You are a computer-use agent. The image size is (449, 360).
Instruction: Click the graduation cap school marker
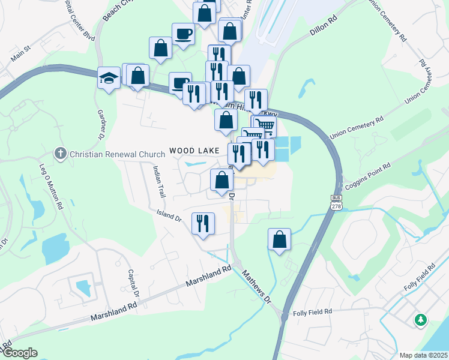pyautogui.click(x=109, y=79)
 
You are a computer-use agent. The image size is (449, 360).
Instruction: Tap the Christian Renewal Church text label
pyautogui.click(x=113, y=154)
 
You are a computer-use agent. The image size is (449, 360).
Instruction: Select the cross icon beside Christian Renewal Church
pyautogui.click(x=60, y=154)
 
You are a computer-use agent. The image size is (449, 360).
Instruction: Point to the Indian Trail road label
pyautogui.click(x=159, y=182)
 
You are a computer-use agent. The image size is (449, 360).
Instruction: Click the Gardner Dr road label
pyautogui.click(x=100, y=121)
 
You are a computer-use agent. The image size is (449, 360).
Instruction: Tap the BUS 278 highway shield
pyautogui.click(x=336, y=202)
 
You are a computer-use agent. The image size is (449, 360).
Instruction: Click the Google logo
pyautogui.click(x=19, y=353)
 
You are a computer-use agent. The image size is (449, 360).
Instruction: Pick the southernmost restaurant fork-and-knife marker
pyautogui.click(x=203, y=224)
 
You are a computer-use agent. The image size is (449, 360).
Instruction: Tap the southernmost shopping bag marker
pyautogui.click(x=279, y=239)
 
